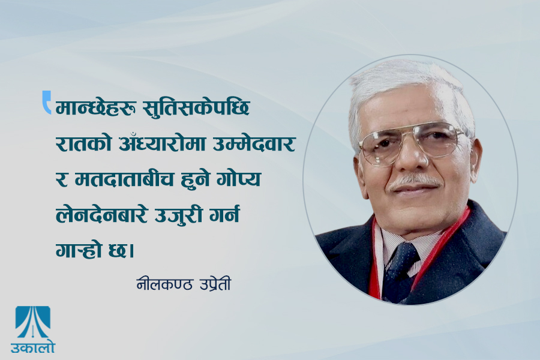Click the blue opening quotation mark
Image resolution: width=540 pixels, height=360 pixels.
46,101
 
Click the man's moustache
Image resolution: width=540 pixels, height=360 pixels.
415,181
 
